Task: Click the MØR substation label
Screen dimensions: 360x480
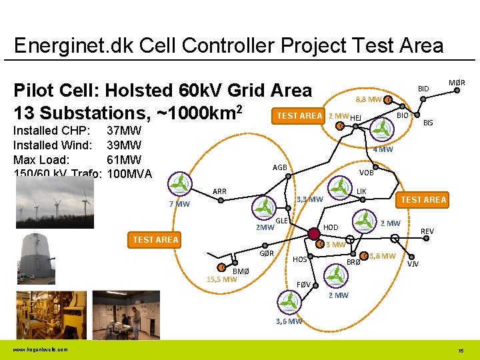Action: [457, 83]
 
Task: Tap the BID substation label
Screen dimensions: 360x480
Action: [423, 89]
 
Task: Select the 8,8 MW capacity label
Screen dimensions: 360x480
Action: [368, 100]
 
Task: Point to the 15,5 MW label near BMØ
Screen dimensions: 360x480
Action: [221, 279]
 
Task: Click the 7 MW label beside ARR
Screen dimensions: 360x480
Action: [179, 203]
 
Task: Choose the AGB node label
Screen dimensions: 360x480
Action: [279, 167]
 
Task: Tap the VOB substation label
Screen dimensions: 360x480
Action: [366, 172]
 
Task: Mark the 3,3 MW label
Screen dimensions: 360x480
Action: [309, 199]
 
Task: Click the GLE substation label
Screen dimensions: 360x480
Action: [281, 221]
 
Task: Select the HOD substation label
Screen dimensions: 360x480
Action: [331, 227]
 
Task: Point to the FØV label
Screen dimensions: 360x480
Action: [303, 285]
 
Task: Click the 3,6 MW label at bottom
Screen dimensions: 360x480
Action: [289, 321]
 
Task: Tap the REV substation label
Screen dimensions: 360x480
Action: [427, 231]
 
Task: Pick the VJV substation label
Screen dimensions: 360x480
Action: [413, 263]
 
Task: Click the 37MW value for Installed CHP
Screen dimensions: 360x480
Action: [124, 130]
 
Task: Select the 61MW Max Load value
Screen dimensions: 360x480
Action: [124, 159]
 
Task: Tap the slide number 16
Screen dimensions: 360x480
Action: [461, 350]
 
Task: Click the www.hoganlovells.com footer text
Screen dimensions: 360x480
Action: [39, 350]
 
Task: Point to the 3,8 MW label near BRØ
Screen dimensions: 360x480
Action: [383, 256]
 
